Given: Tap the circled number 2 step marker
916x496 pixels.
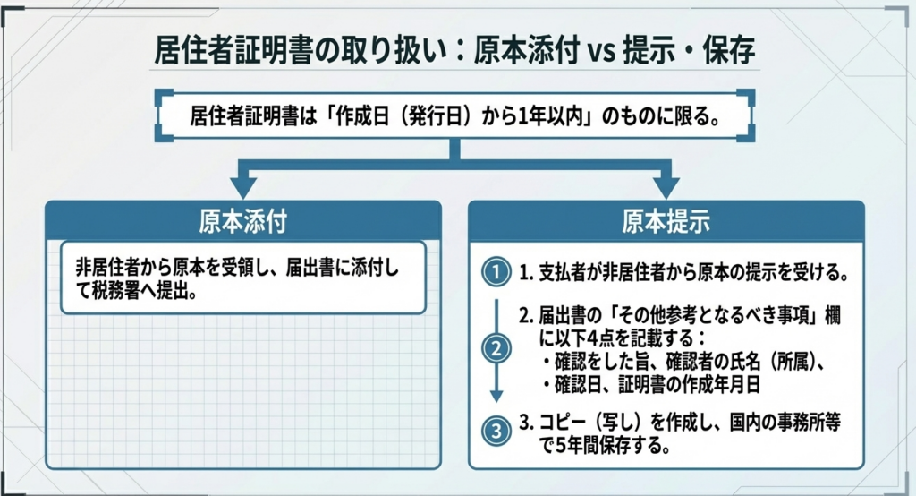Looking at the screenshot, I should pyautogui.click(x=495, y=349).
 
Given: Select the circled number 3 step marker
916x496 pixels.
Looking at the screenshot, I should pyautogui.click(x=495, y=432).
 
